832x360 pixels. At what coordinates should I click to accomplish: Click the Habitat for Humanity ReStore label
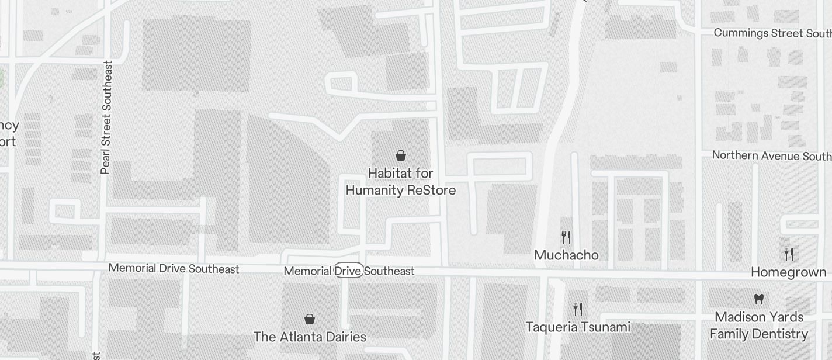tap(400, 182)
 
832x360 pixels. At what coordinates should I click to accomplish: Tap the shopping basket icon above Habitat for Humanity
tap(401, 155)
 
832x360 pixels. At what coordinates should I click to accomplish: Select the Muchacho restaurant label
tap(566, 255)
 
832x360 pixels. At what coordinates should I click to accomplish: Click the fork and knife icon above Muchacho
tap(566, 237)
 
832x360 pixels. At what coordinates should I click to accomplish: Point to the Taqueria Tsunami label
tap(578, 327)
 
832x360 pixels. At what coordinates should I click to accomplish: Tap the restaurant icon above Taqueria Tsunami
tap(578, 309)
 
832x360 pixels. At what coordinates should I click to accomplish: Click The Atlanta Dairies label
tap(310, 337)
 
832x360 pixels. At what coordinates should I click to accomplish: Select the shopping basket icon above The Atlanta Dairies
tap(310, 319)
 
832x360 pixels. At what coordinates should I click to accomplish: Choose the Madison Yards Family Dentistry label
tap(759, 326)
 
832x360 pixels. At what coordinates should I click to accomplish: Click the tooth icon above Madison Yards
tap(759, 299)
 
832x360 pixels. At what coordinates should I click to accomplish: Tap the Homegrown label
tap(788, 272)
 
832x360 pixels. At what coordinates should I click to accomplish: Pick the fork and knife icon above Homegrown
tap(789, 254)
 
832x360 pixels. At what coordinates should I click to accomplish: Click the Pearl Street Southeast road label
tap(106, 117)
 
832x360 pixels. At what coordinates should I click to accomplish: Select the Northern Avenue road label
tap(771, 155)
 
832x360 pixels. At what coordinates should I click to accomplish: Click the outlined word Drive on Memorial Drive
tap(349, 271)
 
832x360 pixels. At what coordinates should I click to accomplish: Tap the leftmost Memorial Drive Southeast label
tap(174, 269)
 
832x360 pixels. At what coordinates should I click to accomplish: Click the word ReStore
tap(431, 191)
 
